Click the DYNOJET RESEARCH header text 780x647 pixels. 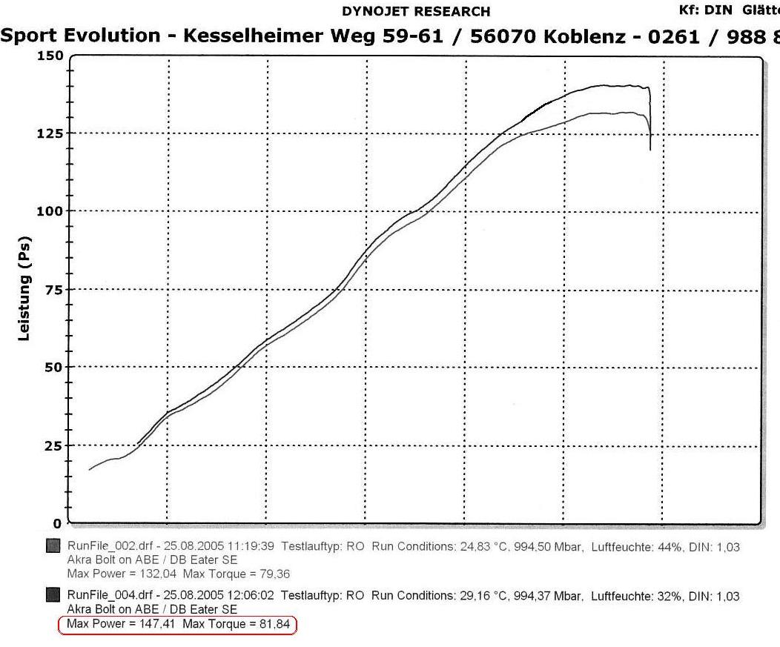pos(415,11)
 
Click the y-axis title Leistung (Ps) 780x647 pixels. pos(25,289)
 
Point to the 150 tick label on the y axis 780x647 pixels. pos(50,56)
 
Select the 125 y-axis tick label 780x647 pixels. pos(50,133)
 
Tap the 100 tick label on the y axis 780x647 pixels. pos(50,211)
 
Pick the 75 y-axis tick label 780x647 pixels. pos(53,289)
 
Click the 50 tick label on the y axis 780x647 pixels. pos(53,368)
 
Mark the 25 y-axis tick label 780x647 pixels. pos(53,445)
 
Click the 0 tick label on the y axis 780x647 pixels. pos(58,523)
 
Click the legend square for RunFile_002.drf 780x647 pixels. pos(53,547)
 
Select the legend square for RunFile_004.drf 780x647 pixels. pos(53,595)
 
